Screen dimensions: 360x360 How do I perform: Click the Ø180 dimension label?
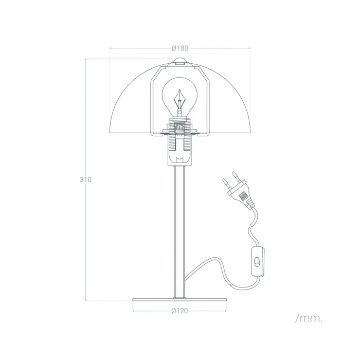tap(179, 48)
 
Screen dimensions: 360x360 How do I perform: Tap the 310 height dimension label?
tap(85, 180)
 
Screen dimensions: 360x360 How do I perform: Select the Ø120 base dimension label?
tap(179, 311)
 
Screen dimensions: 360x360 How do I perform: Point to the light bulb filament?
tap(179, 98)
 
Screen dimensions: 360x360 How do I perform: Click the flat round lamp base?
tap(179, 300)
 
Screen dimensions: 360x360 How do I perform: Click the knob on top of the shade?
tap(179, 62)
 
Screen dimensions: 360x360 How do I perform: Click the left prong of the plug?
tap(225, 183)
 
